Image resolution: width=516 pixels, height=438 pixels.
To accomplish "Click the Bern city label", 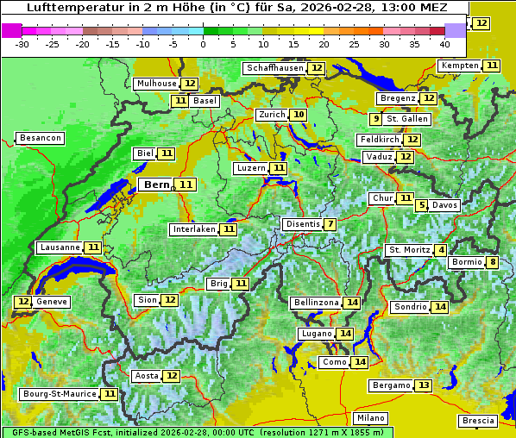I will (x=157, y=185).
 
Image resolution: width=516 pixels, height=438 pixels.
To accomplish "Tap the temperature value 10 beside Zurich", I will (x=298, y=115).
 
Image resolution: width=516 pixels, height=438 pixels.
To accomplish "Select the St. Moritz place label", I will (x=409, y=250).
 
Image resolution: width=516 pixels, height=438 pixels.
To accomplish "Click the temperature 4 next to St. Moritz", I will (x=442, y=250).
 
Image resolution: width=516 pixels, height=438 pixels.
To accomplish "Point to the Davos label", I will (x=444, y=205).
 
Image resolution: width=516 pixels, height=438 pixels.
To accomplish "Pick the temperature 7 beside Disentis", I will (x=330, y=224).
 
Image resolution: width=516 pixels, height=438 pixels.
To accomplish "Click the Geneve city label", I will (x=52, y=302).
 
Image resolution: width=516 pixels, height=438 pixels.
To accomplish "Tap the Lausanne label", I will (x=60, y=247).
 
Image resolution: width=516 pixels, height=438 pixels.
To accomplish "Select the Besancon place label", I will (x=40, y=138).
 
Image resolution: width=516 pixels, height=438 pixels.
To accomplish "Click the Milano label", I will (x=371, y=417).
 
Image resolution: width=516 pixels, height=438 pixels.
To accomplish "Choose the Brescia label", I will (x=478, y=421).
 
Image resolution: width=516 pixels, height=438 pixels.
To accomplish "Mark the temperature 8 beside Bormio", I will (x=492, y=262).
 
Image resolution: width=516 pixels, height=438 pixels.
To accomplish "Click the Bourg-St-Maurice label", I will (x=59, y=394).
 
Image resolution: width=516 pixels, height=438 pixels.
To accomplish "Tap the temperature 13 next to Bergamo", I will (x=423, y=385).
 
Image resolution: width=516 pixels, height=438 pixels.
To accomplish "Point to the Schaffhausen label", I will (x=275, y=68).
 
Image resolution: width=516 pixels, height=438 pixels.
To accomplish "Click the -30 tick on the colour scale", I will (x=22, y=44).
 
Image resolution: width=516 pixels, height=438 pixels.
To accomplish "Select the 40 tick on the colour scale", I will (x=444, y=44).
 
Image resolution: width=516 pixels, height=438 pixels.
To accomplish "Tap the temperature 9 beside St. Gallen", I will (x=375, y=119).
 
